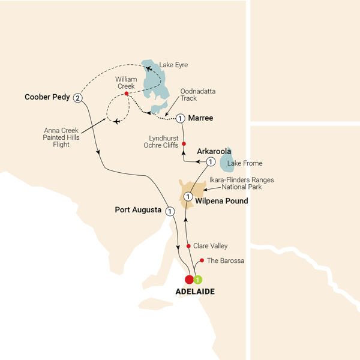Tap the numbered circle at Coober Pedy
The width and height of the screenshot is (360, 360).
(x=77, y=98)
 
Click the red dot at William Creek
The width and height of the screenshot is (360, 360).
(x=127, y=94)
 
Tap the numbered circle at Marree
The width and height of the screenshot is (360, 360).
(x=180, y=118)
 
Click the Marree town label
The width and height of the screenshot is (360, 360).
(x=201, y=118)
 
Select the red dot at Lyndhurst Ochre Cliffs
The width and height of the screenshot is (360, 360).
(x=184, y=143)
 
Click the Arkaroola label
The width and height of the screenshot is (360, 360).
(x=214, y=151)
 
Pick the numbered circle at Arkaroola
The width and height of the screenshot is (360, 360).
(x=211, y=162)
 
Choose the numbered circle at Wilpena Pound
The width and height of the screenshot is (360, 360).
(x=188, y=196)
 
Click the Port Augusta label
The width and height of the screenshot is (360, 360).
(x=139, y=210)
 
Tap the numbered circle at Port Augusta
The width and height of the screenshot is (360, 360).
(x=170, y=211)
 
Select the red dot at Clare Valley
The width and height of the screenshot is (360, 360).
(x=188, y=246)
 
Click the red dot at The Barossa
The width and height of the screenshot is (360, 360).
(x=202, y=260)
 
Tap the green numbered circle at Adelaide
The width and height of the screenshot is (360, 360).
(x=198, y=279)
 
